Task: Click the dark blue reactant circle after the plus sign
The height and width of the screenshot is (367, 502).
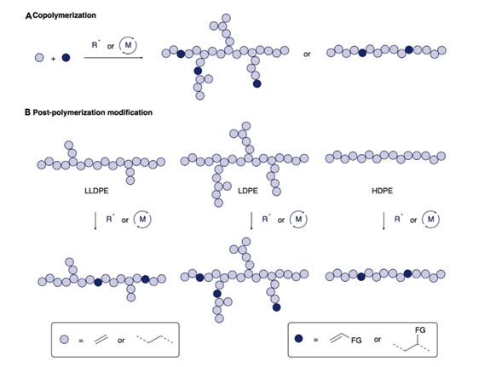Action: (x=66, y=59)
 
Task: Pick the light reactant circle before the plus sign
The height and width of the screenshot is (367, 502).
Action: (x=38, y=59)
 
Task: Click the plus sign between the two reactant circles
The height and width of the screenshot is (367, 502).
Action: (x=53, y=60)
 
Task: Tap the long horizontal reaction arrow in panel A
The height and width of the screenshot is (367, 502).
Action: (x=114, y=59)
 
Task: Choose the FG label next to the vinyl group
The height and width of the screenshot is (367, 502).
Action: (x=357, y=341)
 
